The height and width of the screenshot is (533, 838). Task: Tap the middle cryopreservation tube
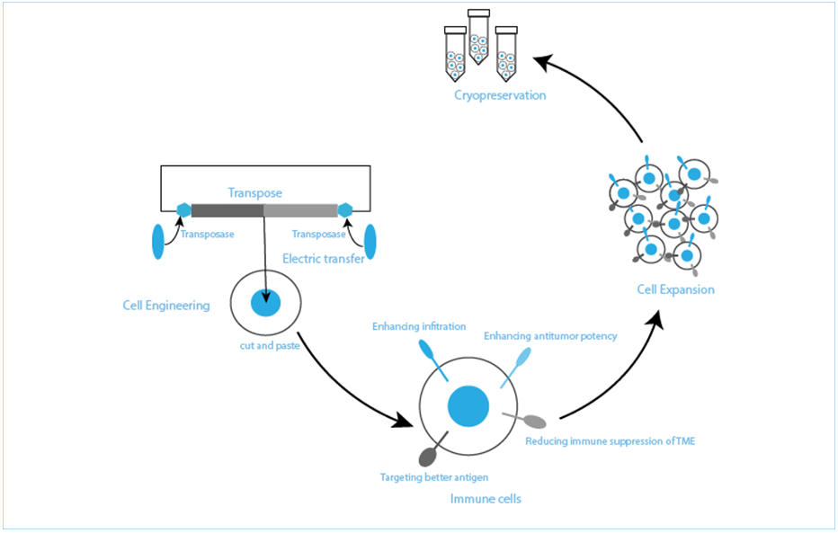coord(478,40)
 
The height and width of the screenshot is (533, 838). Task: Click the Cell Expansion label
coord(675,289)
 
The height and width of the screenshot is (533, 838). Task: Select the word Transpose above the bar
coord(254,193)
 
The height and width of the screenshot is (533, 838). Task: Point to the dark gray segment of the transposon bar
coord(227,211)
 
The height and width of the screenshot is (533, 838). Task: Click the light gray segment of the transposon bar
coord(300,211)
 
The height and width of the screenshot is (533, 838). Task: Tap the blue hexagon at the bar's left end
coord(184,210)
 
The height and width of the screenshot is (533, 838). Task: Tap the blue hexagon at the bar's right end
coord(344,210)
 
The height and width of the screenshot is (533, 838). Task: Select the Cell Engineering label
coord(165,306)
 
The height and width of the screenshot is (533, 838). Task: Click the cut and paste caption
coord(263,347)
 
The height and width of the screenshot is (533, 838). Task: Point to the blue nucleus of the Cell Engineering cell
coord(265,303)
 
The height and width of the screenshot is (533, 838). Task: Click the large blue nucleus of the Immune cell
coord(468,405)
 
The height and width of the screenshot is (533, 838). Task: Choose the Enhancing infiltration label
coord(419,326)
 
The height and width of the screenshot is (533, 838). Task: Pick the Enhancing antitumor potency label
coord(550,336)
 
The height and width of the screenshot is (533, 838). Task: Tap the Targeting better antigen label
coord(434,477)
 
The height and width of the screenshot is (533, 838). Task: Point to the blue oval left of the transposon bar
coord(158,241)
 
